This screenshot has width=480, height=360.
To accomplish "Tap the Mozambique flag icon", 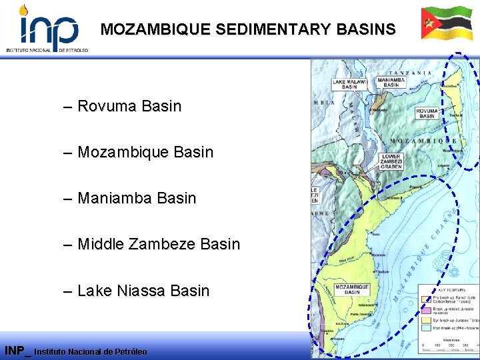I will click(x=446, y=24).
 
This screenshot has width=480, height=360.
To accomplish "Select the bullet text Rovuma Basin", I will click(x=129, y=106).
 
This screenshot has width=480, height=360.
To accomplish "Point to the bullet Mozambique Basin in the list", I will click(x=145, y=152).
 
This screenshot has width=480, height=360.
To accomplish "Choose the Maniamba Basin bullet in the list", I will click(x=137, y=198).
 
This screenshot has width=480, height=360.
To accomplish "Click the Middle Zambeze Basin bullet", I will click(x=159, y=244).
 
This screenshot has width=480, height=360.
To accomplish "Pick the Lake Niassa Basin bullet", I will click(x=143, y=291).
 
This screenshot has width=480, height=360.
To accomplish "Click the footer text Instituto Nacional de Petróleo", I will click(x=90, y=351).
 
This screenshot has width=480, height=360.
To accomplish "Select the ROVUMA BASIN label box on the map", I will click(x=427, y=113).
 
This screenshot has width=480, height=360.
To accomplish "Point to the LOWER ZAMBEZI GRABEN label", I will click(x=391, y=161).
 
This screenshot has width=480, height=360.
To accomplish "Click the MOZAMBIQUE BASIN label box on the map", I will click(x=352, y=289).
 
